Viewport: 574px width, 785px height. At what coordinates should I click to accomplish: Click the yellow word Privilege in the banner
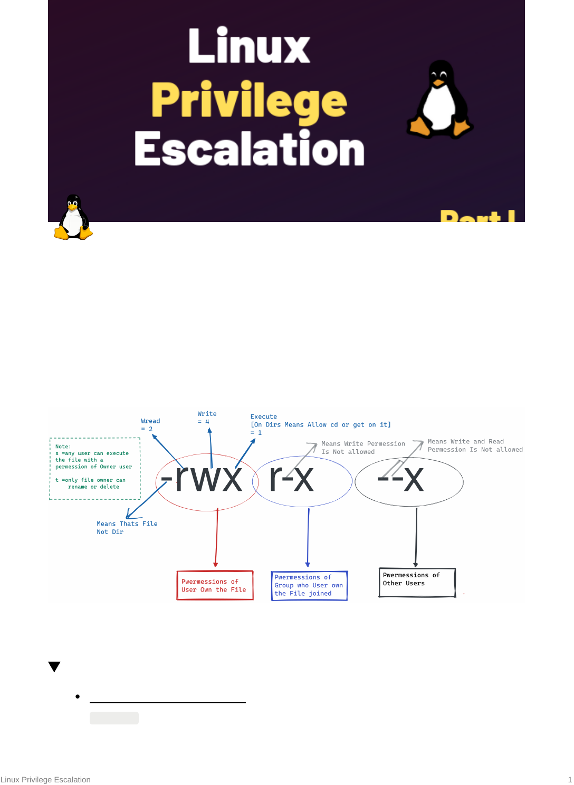coord(249,100)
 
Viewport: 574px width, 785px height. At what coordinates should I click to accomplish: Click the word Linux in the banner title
coord(249,46)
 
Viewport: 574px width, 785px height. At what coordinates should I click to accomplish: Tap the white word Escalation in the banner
coord(249,149)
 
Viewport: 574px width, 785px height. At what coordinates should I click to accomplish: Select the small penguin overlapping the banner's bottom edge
coord(73,218)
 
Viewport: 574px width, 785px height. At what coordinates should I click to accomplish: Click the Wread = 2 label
coord(150,425)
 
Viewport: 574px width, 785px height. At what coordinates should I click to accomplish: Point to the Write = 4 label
coord(206,418)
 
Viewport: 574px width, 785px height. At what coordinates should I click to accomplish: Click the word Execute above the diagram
coord(263,416)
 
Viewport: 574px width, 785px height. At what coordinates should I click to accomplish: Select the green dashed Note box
coord(94,468)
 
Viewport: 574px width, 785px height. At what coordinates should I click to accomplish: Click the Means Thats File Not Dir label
coord(127,528)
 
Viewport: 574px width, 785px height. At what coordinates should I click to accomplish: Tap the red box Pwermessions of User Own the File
coord(215,586)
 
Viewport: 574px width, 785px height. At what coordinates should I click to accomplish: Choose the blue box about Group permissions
coord(309,586)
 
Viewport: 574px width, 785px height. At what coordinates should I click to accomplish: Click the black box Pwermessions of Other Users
coord(417,583)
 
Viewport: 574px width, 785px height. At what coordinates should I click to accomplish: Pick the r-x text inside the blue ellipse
coord(291,479)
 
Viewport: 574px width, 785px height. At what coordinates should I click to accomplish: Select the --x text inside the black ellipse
coord(401,480)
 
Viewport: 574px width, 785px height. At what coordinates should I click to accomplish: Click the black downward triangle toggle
coord(54,666)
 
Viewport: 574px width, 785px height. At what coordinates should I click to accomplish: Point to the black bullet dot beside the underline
coord(78,696)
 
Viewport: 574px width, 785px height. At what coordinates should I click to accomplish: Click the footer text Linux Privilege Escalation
coord(45,780)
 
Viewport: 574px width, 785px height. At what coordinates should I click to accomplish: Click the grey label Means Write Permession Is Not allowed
coord(363,448)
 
